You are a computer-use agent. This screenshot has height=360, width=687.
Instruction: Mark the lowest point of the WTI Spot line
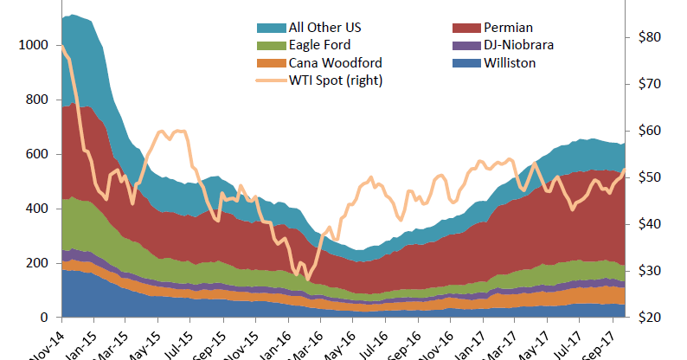pyautogui.click(x=307, y=279)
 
